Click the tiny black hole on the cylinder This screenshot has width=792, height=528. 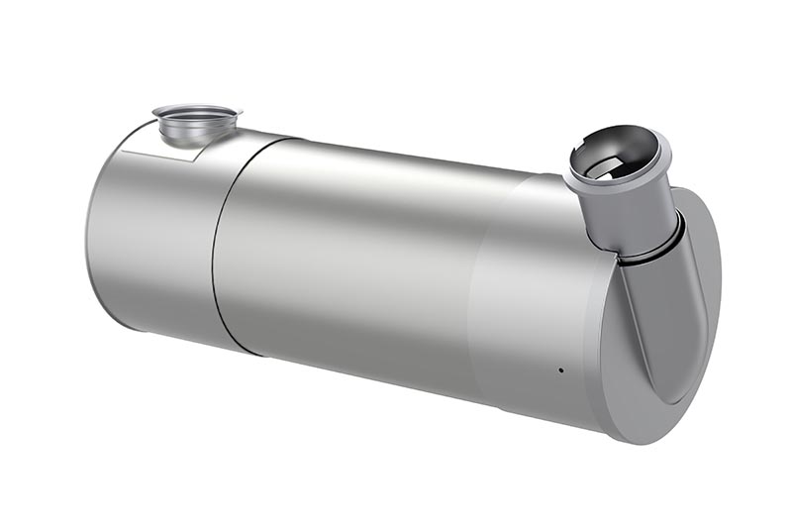pyautogui.click(x=560, y=370)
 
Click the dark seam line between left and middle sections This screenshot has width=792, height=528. pyautogui.click(x=216, y=248)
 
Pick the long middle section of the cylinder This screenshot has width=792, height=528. pyautogui.click(x=346, y=267)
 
